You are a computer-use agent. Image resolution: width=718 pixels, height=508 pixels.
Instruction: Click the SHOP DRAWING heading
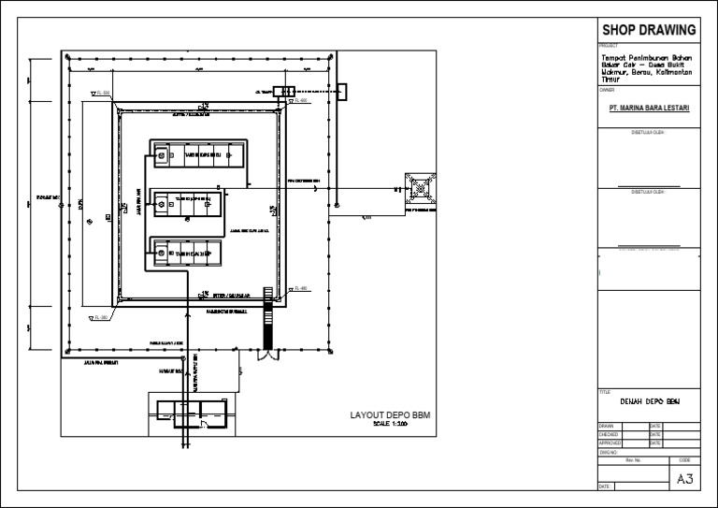coord(648,28)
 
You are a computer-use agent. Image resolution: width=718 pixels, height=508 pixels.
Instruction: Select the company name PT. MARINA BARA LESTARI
coord(648,108)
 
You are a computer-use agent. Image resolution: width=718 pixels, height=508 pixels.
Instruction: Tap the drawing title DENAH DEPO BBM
coord(648,401)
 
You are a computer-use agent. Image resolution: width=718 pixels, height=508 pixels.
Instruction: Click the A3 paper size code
coord(684,479)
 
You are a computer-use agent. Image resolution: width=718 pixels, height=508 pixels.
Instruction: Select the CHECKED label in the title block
coord(609,434)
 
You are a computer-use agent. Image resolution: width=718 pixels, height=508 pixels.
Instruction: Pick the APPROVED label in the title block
coord(610,443)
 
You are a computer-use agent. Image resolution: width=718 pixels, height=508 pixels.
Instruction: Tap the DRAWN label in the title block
coord(607,427)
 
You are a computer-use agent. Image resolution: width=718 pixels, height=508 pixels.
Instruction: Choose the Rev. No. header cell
coord(633,459)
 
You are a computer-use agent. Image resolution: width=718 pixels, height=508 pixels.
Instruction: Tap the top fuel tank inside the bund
coord(199,155)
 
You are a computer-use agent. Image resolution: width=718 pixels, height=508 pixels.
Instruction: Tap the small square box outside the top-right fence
coord(342,91)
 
